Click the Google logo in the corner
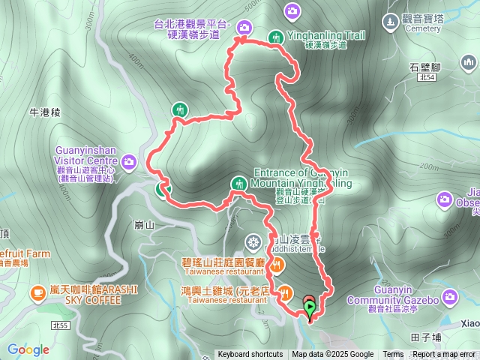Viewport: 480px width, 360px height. click(x=28, y=349)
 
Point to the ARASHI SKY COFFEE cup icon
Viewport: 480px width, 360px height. click(x=37, y=292)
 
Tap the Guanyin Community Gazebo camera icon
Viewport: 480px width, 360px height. click(x=450, y=298)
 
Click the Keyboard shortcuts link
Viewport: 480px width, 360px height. click(x=250, y=355)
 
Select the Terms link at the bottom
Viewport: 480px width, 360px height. click(x=393, y=355)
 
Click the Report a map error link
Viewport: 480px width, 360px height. click(x=444, y=355)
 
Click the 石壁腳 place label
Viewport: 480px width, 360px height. click(x=426, y=67)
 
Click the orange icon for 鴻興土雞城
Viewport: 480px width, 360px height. click(x=285, y=290)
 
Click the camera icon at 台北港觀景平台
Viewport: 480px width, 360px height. click(x=244, y=28)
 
